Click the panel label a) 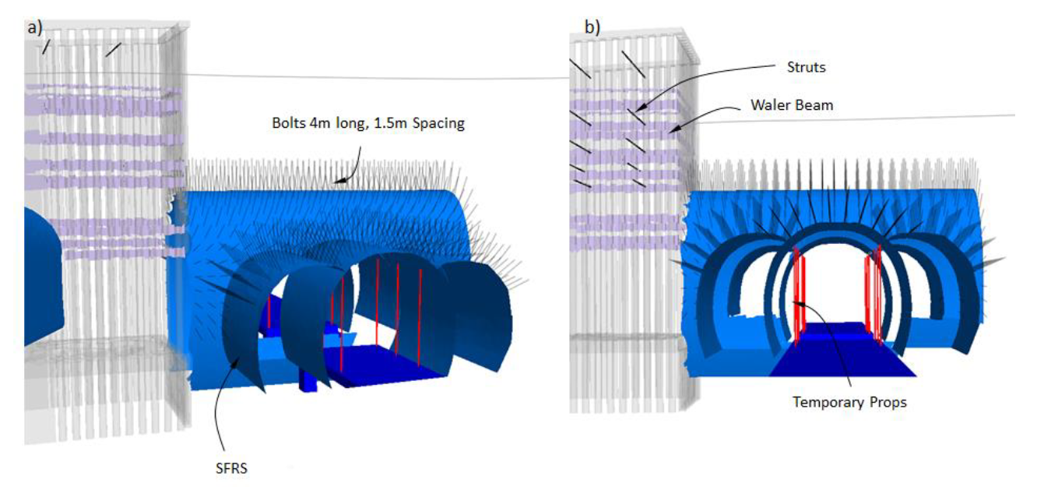point(34,27)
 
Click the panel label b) point(592,27)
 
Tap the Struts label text point(806,68)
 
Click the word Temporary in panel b point(822,402)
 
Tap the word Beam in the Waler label point(817,105)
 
